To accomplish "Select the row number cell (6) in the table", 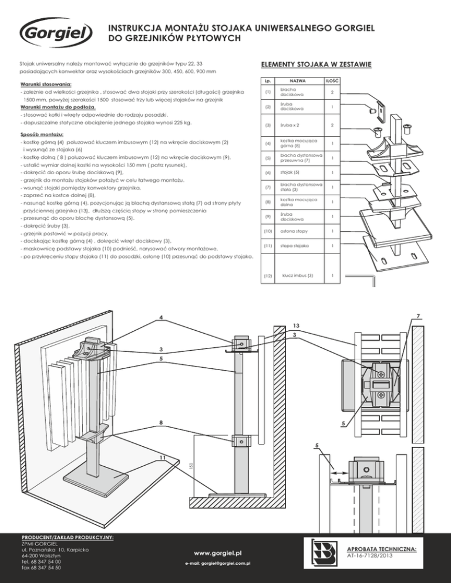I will pos(268,173).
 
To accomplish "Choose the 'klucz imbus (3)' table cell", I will pos(298,275).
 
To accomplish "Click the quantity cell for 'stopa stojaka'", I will pos(334,245).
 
